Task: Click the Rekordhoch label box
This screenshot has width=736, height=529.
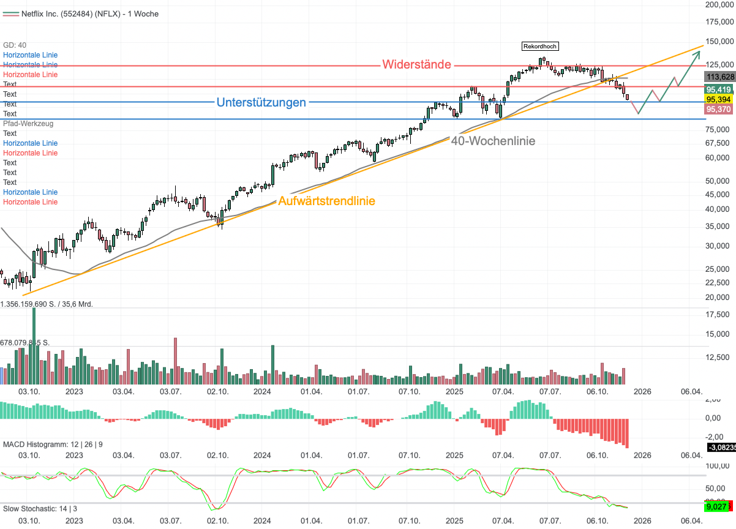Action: coord(540,46)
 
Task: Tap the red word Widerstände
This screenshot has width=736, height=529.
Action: coord(417,64)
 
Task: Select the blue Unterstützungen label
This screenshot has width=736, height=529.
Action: coord(261,102)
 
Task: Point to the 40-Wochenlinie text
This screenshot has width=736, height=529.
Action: coord(493,141)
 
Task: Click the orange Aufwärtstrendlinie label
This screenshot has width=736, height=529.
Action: coord(327,201)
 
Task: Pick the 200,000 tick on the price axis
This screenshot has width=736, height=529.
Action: coord(719,4)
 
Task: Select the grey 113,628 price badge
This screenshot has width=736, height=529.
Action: coord(720,77)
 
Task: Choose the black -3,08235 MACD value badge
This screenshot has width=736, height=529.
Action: coord(722,448)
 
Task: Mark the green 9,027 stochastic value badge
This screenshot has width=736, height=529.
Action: coord(716,506)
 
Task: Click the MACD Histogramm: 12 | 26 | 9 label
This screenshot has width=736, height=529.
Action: coord(53,444)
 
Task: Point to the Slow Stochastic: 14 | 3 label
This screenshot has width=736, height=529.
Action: coord(40,508)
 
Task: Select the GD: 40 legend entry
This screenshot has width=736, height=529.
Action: coord(15,45)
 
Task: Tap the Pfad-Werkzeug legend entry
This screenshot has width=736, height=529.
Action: coord(28,123)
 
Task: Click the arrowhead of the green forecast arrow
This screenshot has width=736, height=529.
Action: coord(697,53)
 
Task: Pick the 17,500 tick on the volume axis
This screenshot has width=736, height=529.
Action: coord(719,314)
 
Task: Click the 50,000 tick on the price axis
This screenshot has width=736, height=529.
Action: coord(719,181)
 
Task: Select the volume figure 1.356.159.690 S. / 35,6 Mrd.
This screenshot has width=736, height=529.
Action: coord(47,304)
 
